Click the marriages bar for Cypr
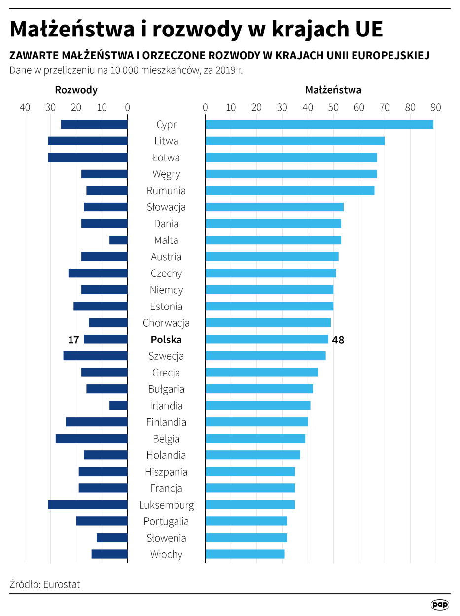(319, 124)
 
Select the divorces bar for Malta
(118, 240)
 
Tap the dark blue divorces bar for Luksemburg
(88, 505)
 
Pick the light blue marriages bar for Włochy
(245, 554)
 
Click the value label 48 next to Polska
(338, 340)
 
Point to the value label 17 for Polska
(73, 340)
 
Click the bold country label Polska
(166, 340)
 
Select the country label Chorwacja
(166, 323)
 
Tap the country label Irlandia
(166, 406)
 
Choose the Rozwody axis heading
(76, 90)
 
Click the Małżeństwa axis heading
(333, 90)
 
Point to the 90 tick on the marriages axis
(435, 107)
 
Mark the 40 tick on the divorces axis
(25, 107)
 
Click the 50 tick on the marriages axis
(333, 107)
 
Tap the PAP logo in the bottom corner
(439, 605)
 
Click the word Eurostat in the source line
(62, 584)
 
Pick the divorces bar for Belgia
(91, 439)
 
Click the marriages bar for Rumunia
(289, 190)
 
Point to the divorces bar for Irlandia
(118, 406)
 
